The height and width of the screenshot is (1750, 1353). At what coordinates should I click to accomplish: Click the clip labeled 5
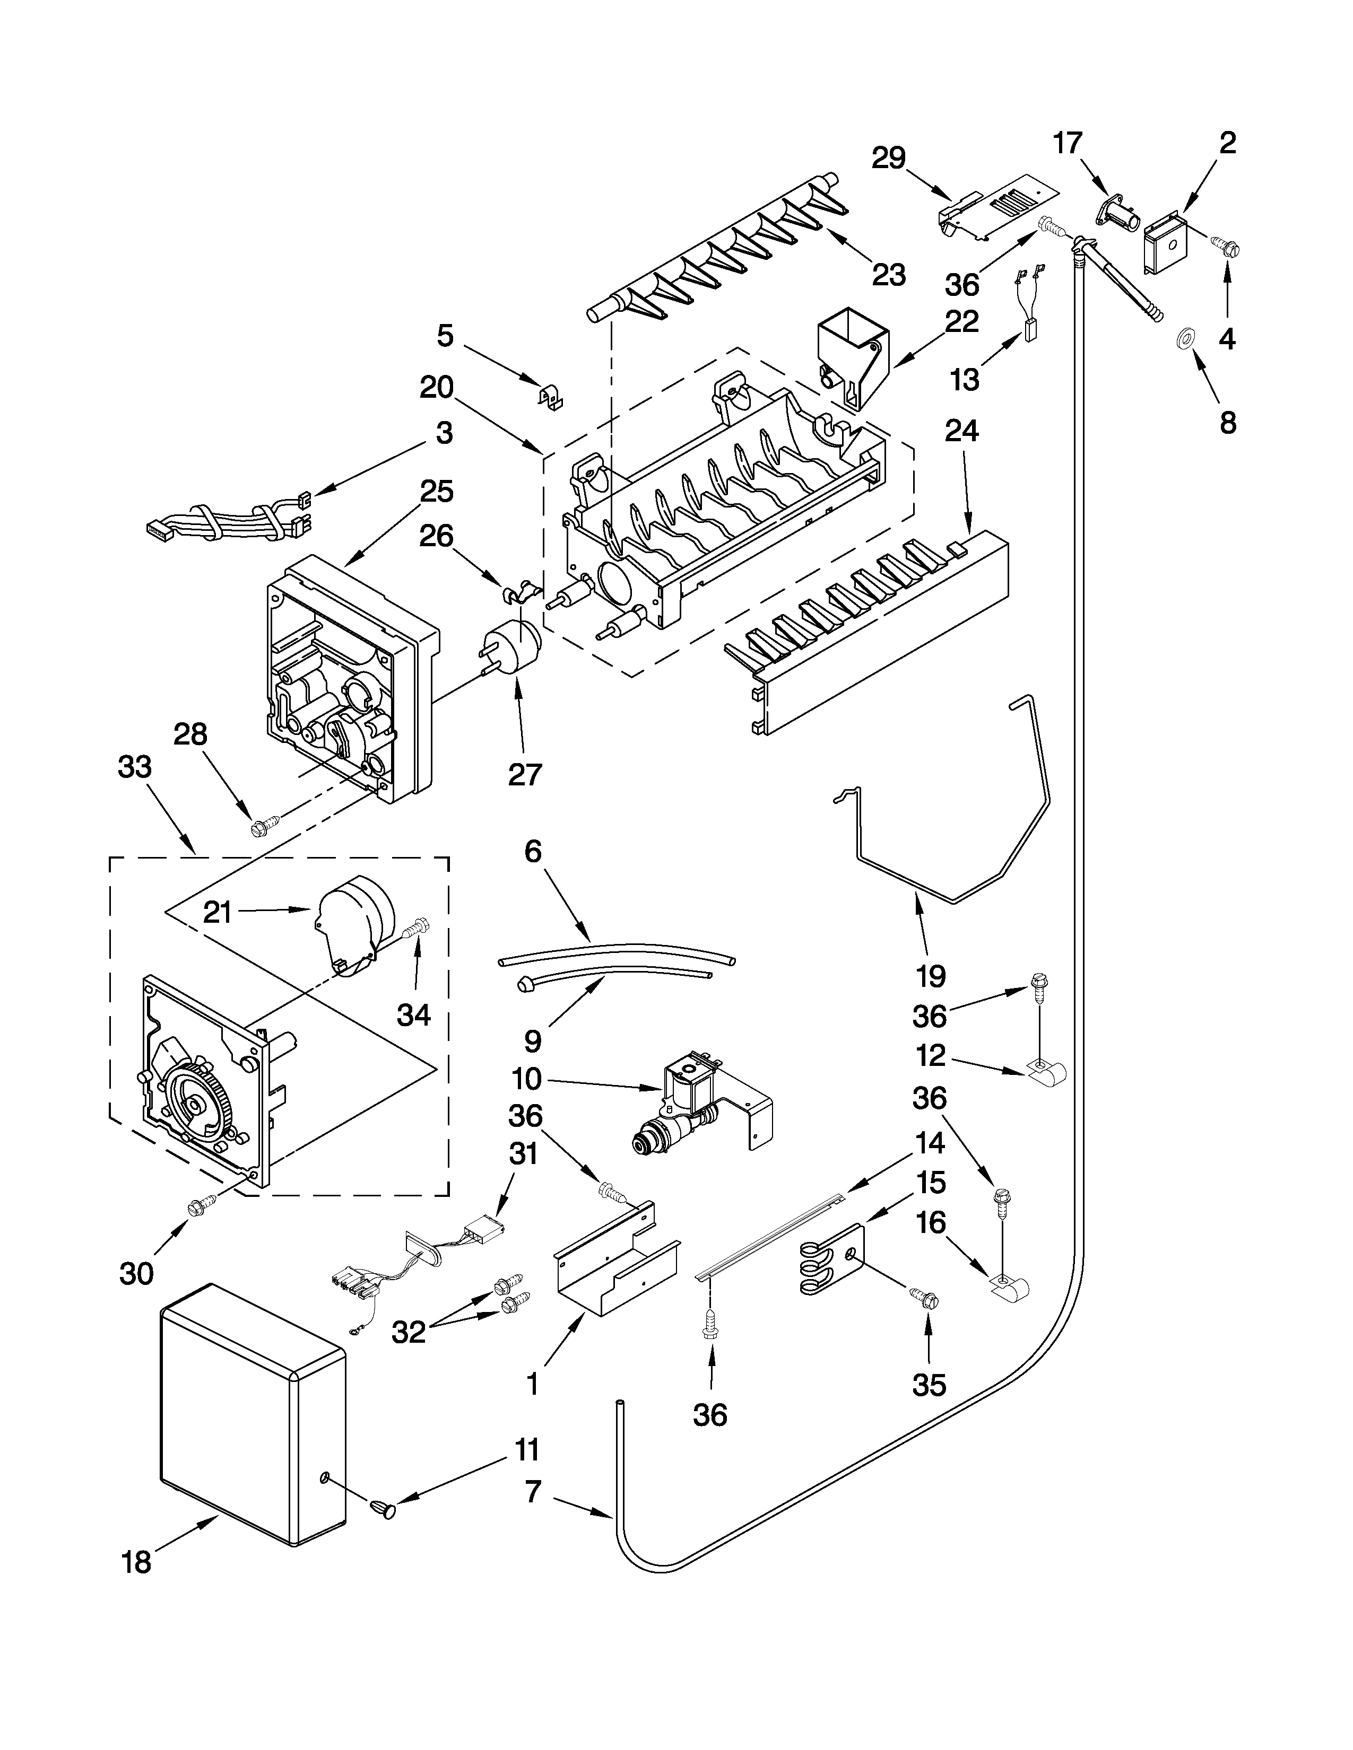[550, 396]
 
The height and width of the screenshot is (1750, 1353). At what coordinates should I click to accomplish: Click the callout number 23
[889, 275]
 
